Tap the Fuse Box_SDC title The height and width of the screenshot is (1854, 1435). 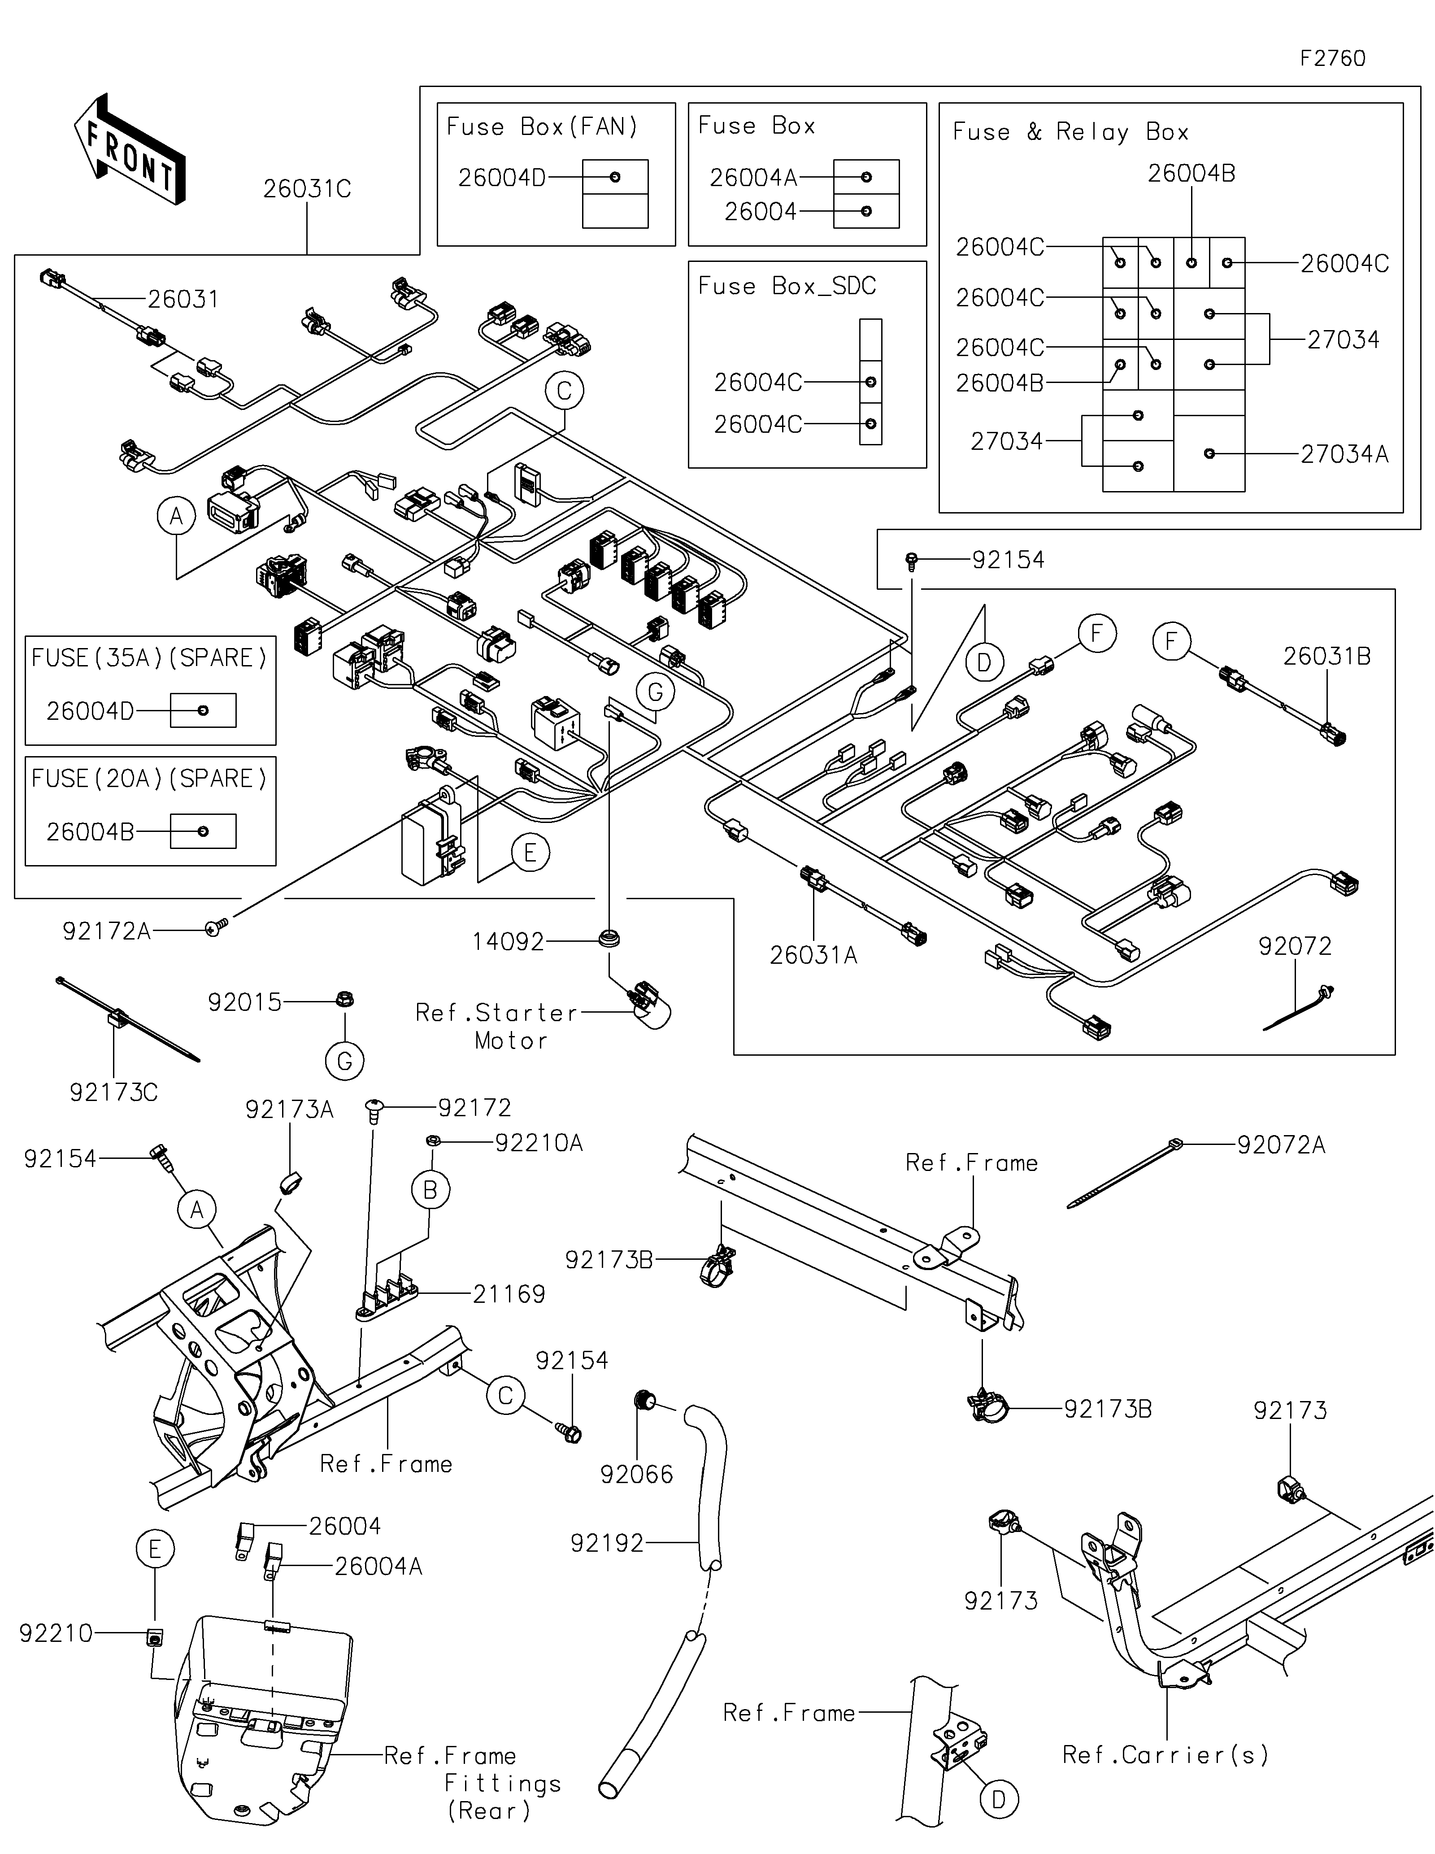click(x=787, y=286)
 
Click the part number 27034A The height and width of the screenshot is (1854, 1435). click(x=1344, y=454)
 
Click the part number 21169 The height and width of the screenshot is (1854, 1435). click(x=509, y=1295)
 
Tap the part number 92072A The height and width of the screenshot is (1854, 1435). click(x=1281, y=1145)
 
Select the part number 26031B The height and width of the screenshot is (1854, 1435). click(x=1326, y=656)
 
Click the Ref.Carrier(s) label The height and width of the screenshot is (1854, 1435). click(x=1166, y=1755)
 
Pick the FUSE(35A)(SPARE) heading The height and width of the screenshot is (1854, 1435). click(x=149, y=658)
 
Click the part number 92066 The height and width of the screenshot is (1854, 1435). click(x=636, y=1475)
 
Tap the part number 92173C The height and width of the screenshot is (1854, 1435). click(x=114, y=1092)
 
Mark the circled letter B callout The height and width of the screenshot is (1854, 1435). click(x=430, y=1190)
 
